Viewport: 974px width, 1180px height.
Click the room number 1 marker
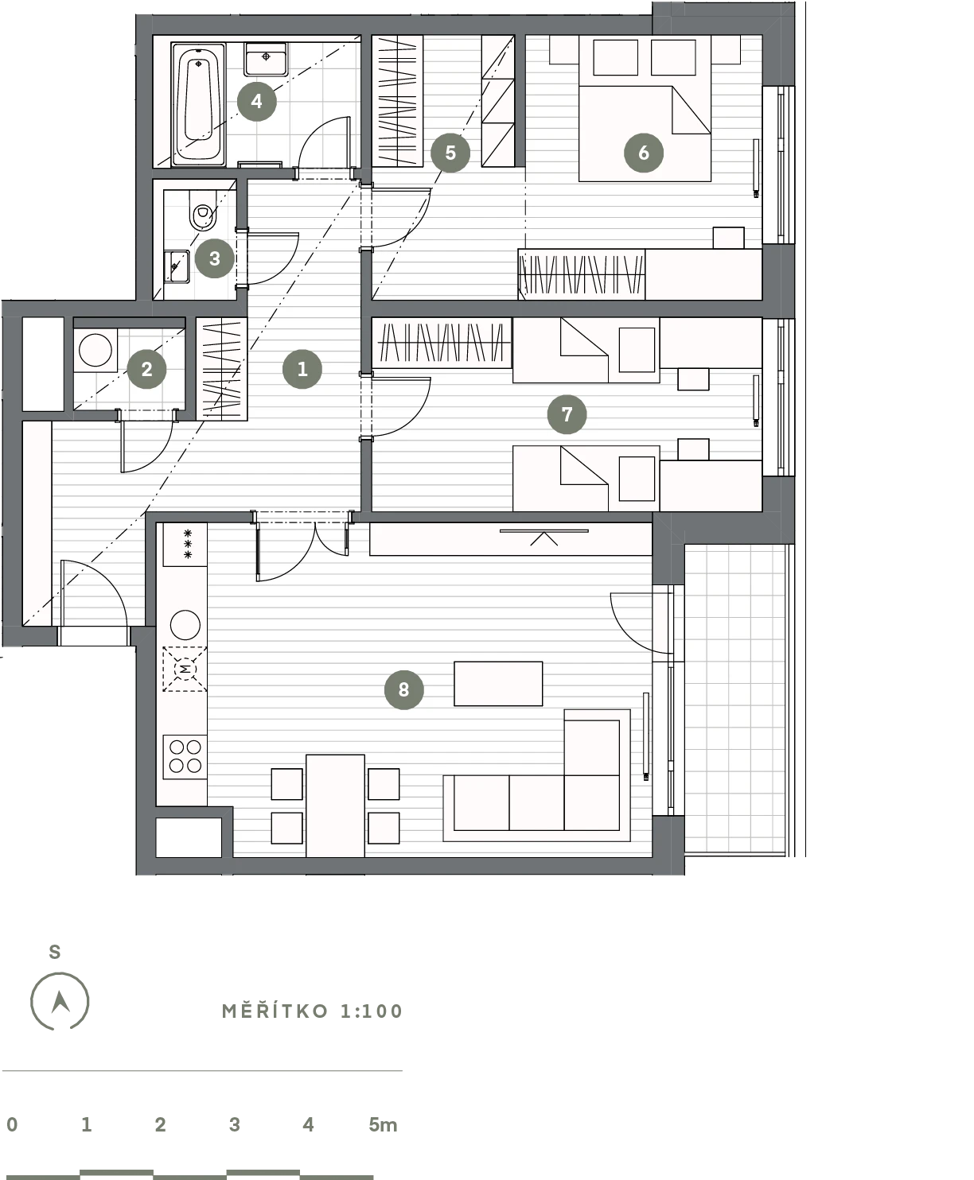coord(302,369)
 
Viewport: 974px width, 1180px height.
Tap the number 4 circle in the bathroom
coord(257,101)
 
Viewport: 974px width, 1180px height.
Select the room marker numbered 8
coord(404,689)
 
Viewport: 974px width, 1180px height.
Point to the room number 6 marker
coord(644,153)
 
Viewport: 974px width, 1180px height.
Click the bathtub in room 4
coord(198,104)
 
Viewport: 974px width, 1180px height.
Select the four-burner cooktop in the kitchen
coord(185,756)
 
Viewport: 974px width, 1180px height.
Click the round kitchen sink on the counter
coord(185,626)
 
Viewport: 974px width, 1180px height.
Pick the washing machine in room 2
coord(95,350)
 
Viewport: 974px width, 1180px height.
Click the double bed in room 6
coord(645,108)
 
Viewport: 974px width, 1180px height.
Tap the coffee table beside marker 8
coord(498,684)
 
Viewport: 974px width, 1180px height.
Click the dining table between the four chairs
coord(336,805)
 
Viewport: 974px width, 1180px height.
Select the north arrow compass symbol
coord(60,1001)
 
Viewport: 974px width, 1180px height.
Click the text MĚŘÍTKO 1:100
coord(312,1011)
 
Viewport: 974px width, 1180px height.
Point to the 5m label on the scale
coord(383,1124)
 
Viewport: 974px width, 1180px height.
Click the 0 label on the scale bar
coord(12,1124)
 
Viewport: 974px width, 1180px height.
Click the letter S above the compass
coord(55,952)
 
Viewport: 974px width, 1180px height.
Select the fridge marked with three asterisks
coord(185,544)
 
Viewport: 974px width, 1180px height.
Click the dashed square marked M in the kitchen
coord(185,670)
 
